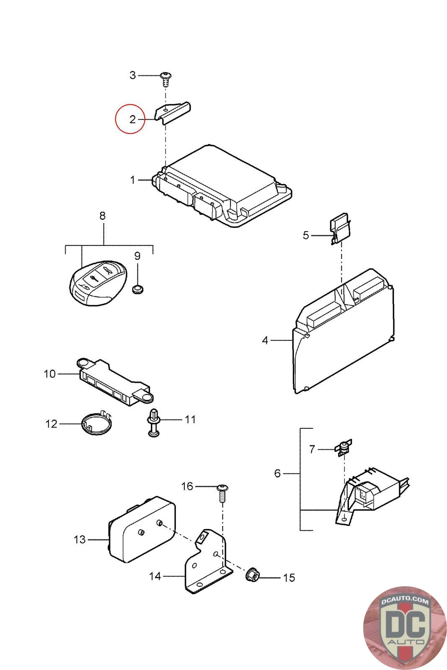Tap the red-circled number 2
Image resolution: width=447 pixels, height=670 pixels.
coord(132,119)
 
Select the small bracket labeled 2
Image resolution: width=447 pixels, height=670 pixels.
coord(173,112)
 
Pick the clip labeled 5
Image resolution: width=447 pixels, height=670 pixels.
coord(341,229)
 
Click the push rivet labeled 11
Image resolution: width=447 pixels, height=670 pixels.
coord(154,422)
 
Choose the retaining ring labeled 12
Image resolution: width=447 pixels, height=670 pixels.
coord(96,425)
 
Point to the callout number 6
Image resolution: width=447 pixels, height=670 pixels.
coord(277,474)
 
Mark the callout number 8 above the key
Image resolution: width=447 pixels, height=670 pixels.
coord(102,216)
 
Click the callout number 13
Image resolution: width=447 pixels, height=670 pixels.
coord(80,540)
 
